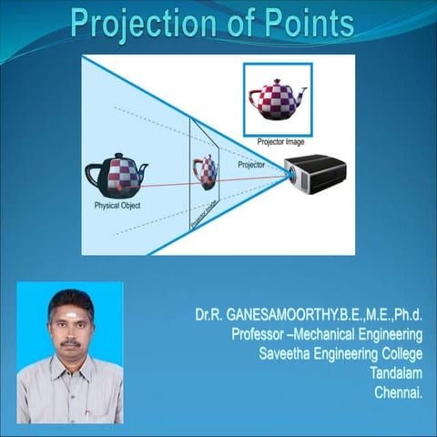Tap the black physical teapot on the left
click(x=116, y=176)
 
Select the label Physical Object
click(x=117, y=206)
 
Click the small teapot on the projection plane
click(x=206, y=171)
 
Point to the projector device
click(x=314, y=174)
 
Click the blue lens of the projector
click(x=290, y=175)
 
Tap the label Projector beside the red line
click(x=251, y=166)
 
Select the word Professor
click(x=257, y=335)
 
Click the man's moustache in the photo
click(x=71, y=343)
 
